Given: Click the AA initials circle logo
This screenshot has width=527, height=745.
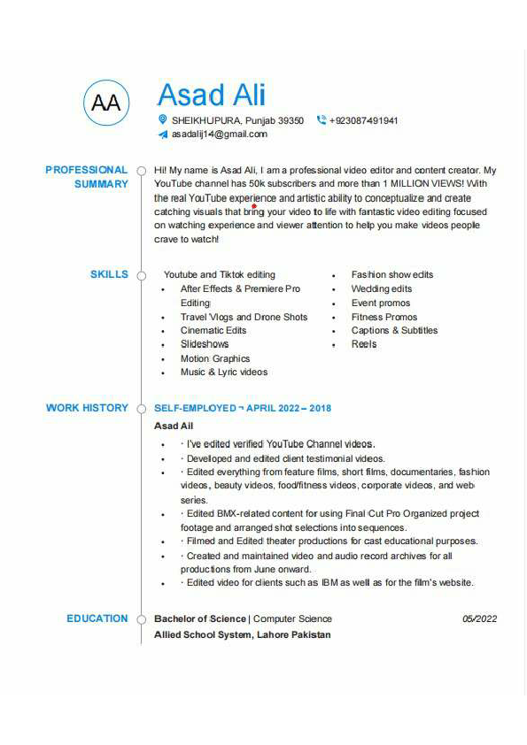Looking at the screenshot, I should coord(106,103).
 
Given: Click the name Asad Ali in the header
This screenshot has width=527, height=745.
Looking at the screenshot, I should coord(211,95).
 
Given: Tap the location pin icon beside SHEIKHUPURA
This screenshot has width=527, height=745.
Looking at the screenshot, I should coord(162,119).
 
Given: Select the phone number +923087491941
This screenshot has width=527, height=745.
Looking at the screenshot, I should coord(363,120).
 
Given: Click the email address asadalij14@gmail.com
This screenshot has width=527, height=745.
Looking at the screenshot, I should coord(219,134).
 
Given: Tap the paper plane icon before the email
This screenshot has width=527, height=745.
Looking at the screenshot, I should coord(162,134).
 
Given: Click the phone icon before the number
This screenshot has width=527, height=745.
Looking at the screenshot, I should coord(321,120).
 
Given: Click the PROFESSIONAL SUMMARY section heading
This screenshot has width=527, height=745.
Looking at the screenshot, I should coord(87,177).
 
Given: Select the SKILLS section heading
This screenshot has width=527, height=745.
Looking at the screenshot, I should coord(109,274).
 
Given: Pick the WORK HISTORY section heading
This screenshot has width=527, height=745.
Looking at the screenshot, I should coord(87,408).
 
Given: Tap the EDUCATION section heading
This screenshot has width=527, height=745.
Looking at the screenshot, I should coord(97,618).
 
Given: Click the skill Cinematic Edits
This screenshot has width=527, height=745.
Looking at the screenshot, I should coord(213,331).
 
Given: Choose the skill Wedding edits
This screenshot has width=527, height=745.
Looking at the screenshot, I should coord(382,289).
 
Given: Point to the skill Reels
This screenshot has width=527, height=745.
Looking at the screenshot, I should coord(364,344).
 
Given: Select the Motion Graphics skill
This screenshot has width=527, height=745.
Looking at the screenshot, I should coord(215,359).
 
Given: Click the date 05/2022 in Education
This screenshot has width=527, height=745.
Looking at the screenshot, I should coord(480,619).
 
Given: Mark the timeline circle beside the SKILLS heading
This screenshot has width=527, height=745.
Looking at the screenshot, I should coord(140,275).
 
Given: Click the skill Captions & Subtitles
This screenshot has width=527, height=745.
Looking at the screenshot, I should coord(394,331).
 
